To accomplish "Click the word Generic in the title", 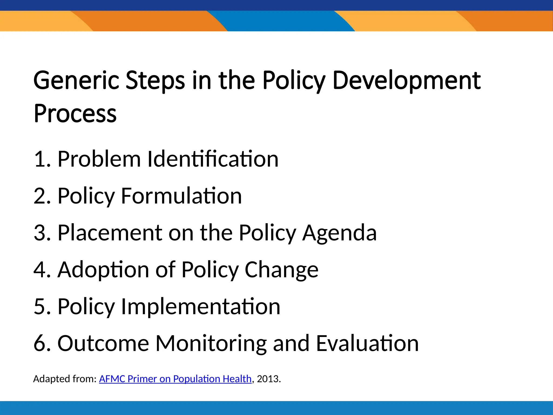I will (76, 80).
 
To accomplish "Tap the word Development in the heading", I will (407, 80).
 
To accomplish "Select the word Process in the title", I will (75, 113).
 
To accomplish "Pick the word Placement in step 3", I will (110, 233).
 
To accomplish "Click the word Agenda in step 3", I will (339, 233).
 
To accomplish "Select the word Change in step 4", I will (281, 270).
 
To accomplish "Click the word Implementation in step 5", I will (200, 306).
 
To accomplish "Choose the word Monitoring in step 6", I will (211, 344).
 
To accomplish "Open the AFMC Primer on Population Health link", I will (175, 379).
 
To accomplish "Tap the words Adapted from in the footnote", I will (65, 379).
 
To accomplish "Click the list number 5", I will (39, 306).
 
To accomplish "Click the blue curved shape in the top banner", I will (281, 21).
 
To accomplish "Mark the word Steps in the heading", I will (155, 81).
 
